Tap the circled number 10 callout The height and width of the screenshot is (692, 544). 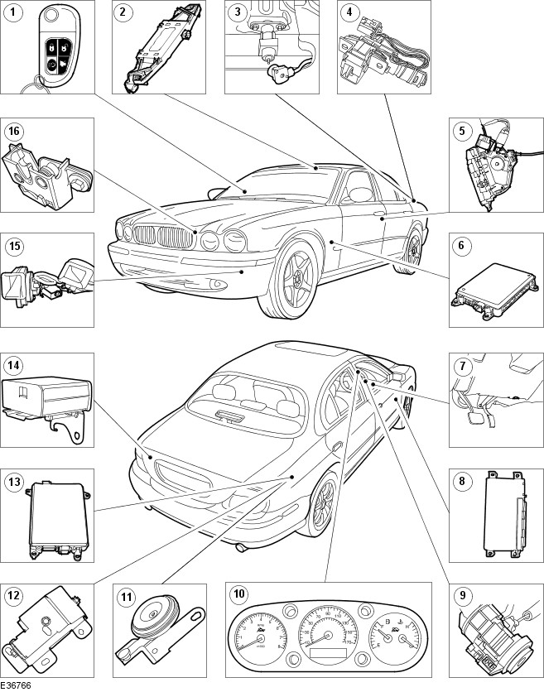239,593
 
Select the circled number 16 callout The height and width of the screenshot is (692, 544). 13,130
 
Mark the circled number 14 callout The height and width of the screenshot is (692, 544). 13,364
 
